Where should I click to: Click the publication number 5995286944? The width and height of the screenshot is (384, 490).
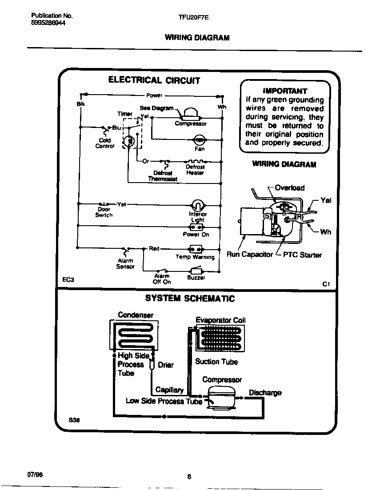click(x=48, y=24)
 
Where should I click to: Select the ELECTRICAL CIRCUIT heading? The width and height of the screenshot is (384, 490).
click(x=154, y=80)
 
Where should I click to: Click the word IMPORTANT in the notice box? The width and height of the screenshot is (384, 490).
click(x=285, y=91)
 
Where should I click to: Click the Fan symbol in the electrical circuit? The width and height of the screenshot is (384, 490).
click(x=200, y=140)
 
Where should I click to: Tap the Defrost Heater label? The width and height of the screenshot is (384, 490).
click(x=195, y=170)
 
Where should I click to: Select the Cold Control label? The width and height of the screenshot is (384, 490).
click(x=105, y=143)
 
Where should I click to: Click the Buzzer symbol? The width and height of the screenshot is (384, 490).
click(x=196, y=270)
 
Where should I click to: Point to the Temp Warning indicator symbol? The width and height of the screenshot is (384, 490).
click(x=196, y=248)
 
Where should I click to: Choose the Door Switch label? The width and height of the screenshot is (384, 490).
click(x=104, y=212)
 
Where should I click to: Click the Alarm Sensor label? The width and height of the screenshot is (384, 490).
click(x=125, y=264)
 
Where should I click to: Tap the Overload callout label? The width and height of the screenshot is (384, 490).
click(x=289, y=188)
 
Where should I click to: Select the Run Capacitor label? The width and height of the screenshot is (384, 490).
click(x=249, y=255)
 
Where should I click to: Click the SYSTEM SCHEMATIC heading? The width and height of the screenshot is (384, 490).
click(x=190, y=299)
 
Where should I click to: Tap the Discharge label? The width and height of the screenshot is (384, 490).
click(x=265, y=393)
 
